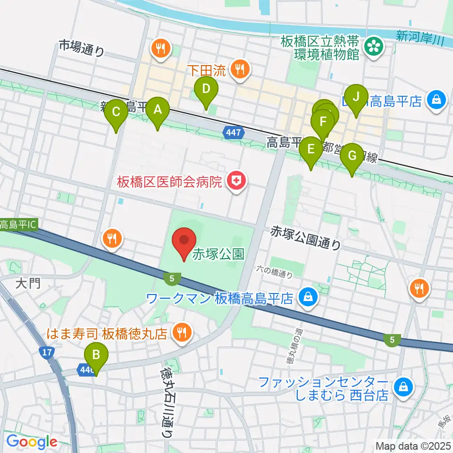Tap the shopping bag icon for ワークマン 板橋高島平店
pyautogui.click(x=308, y=298)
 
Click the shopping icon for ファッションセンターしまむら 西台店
pyautogui.click(x=403, y=387)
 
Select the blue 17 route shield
pyautogui.click(x=46, y=352)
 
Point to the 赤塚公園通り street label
pyautogui.click(x=305, y=238)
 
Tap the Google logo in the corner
pyautogui.click(x=31, y=442)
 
